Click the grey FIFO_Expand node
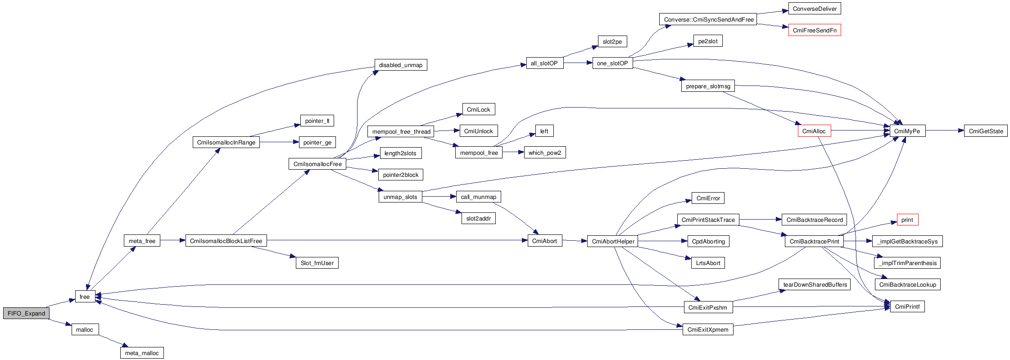[26, 313]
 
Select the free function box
[85, 297]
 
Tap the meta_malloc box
[142, 353]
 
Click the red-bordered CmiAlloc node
[814, 131]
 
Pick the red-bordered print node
[907, 220]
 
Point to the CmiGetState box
[986, 131]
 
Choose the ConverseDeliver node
[815, 9]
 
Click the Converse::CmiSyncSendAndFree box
[708, 20]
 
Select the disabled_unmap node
[400, 65]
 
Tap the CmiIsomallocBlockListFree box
[226, 241]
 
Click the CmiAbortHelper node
[613, 242]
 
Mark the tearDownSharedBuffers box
[815, 285]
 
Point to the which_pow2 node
[544, 153]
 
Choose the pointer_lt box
[317, 121]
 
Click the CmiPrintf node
[907, 307]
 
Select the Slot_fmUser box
[317, 263]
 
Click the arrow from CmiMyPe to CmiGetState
[944, 131]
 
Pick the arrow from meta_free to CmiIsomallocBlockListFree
[172, 241]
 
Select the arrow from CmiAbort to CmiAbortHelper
[575, 241]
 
